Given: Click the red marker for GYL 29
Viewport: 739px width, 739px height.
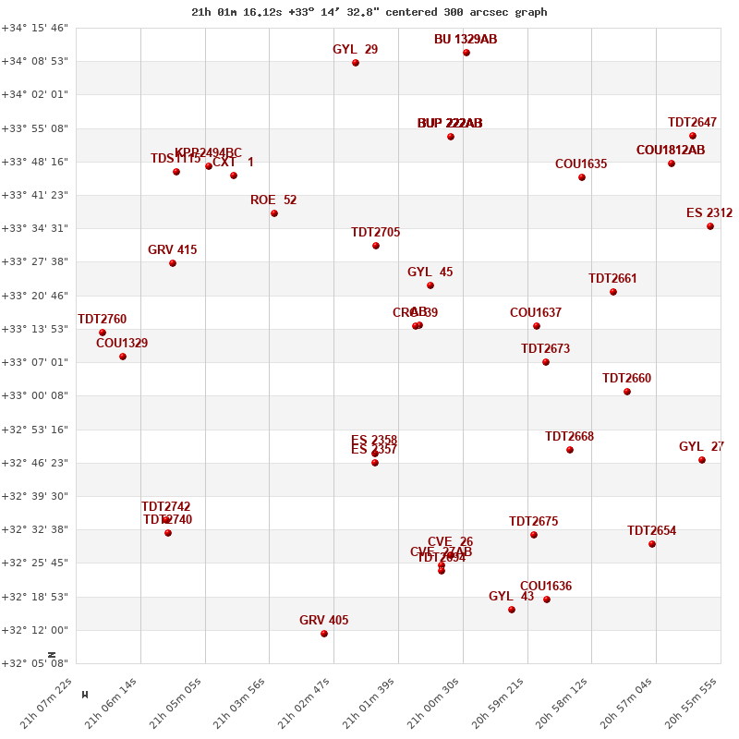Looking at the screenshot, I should [x=356, y=63].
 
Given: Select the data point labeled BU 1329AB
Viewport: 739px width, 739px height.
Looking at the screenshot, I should [x=466, y=53].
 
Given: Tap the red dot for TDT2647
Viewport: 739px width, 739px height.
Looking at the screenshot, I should [x=693, y=136].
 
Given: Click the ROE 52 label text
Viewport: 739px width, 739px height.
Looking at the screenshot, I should [x=273, y=200].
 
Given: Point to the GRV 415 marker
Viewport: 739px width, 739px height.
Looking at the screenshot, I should [x=173, y=263].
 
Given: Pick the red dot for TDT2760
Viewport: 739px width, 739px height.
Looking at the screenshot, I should [x=103, y=333].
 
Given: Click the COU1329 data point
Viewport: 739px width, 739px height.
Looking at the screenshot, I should [x=123, y=357].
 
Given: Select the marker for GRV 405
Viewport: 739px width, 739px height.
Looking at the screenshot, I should [x=324, y=634].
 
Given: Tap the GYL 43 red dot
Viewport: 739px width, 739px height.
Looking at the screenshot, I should [x=512, y=610].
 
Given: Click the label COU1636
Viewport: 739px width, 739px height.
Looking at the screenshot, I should [x=546, y=587].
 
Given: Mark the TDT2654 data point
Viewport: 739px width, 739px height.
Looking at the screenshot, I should [x=652, y=544].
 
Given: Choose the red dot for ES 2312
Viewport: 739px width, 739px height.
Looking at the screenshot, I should [x=710, y=226].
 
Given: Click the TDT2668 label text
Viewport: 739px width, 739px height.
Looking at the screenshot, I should [x=569, y=437].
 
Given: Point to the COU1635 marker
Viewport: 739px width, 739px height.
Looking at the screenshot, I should [x=582, y=177].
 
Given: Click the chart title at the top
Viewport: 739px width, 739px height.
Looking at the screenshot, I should [x=369, y=12].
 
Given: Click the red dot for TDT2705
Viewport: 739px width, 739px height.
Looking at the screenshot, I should [x=376, y=246].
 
